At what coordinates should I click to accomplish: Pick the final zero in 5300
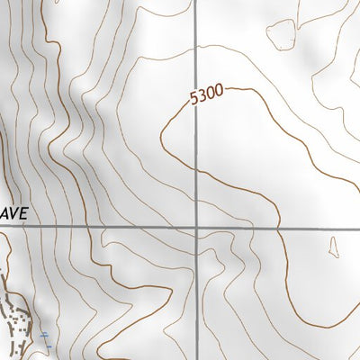(217, 91)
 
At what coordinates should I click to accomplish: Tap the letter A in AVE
(6, 214)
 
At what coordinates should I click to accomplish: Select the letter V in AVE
(16, 214)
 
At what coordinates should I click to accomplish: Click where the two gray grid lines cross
(198, 228)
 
